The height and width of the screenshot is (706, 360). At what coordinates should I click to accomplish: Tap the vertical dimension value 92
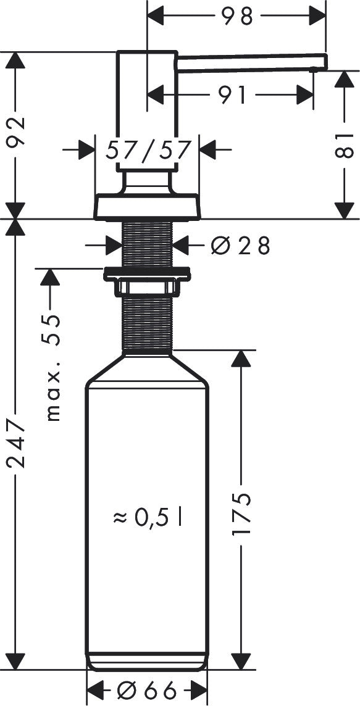pyautogui.click(x=17, y=131)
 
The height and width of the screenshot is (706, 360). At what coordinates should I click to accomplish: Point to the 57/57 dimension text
pyautogui.click(x=147, y=149)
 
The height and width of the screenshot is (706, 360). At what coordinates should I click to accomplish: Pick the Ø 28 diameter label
pyautogui.click(x=240, y=246)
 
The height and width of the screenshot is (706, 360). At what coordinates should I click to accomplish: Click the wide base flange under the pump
pyautogui.click(x=147, y=207)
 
